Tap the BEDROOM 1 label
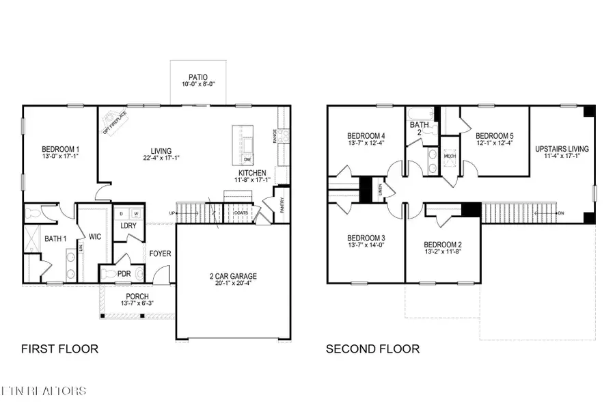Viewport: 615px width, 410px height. [x=61, y=150]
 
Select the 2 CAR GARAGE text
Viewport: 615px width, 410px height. [x=233, y=277]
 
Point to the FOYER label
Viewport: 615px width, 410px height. [x=161, y=254]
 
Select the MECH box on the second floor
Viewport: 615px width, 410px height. [x=450, y=156]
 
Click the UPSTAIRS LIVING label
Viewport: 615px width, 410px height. [x=562, y=148]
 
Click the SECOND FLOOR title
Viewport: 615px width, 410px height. [x=372, y=349]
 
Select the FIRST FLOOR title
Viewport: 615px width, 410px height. [x=59, y=349]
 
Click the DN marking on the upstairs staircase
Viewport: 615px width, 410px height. [x=560, y=213]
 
